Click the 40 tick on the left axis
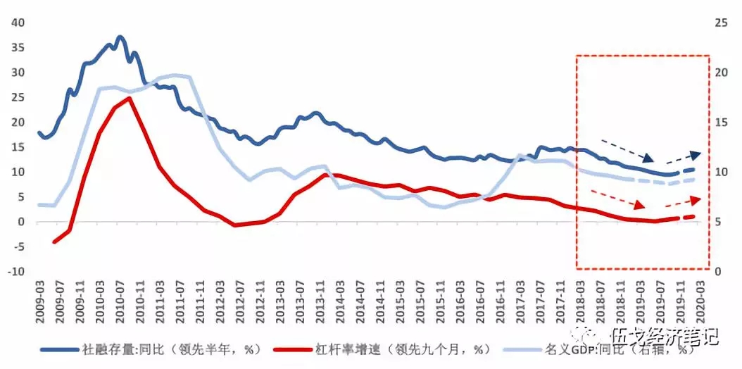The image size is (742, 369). [x=17, y=23]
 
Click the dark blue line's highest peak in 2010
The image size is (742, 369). [x=120, y=37]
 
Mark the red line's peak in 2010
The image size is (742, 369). [x=128, y=98]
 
